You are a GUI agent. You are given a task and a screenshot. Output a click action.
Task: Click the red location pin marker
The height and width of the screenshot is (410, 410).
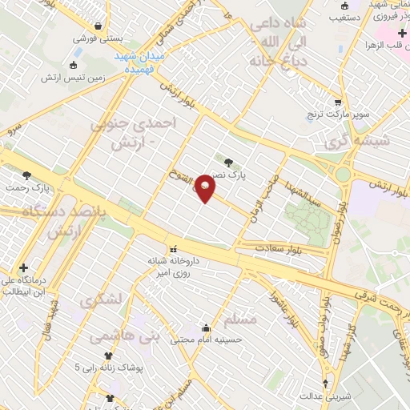point(205,188)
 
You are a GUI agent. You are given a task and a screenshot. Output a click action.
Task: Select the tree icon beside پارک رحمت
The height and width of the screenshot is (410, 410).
point(27,175)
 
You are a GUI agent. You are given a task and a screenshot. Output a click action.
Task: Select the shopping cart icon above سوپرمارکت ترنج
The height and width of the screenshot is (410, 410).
point(338,102)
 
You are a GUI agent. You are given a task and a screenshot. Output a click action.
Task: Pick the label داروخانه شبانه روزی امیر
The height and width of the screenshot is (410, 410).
point(170,266)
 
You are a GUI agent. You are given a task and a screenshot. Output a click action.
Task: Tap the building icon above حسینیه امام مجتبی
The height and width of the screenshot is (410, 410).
point(207,327)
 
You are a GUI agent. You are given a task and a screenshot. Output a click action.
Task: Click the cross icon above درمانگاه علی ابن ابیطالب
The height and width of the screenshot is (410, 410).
point(24,267)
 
